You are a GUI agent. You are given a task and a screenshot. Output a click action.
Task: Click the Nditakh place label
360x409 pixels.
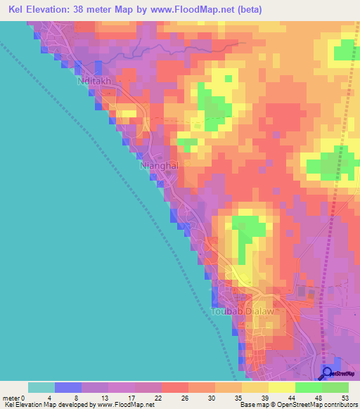93,81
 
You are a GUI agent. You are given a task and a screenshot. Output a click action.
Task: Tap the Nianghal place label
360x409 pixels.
159,165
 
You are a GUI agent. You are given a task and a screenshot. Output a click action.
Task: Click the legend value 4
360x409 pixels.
55,398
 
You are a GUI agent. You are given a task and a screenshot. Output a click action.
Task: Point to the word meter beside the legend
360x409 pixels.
10,398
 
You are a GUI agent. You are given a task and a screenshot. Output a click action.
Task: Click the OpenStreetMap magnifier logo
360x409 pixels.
326,373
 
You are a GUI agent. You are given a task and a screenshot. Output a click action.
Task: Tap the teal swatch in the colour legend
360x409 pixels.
41,387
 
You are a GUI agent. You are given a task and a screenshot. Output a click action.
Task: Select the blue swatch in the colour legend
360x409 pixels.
68,387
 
